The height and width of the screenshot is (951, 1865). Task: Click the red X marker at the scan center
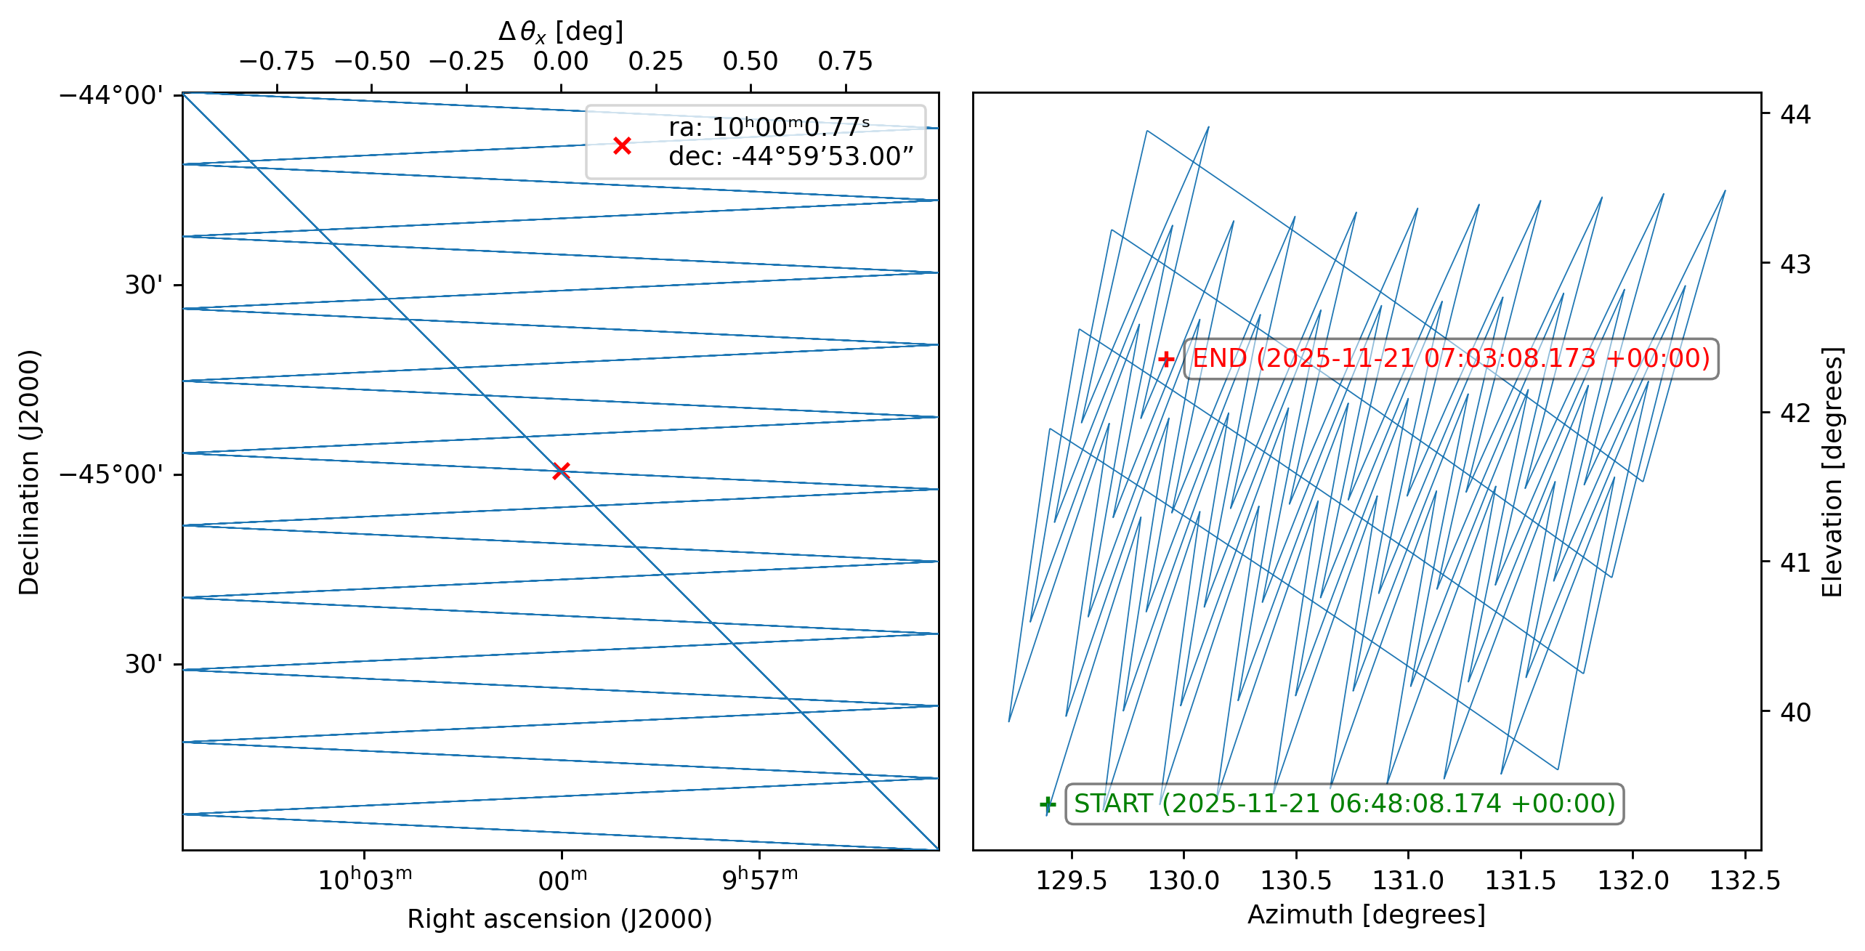pos(560,471)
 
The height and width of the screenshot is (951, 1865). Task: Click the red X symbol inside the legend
pos(622,145)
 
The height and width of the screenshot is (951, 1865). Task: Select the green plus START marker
pos(1047,804)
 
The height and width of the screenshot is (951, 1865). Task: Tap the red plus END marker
pos(1166,359)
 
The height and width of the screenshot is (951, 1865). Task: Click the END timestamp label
pos(1451,359)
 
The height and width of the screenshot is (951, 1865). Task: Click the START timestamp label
pos(1344,804)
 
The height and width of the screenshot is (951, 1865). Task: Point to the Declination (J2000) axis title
pos(29,472)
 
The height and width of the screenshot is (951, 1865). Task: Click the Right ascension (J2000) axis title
pos(559,919)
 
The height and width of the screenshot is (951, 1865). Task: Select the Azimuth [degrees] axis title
pos(1367,915)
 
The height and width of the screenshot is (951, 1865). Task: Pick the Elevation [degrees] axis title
pos(1832,472)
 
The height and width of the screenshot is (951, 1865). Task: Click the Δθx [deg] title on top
pos(560,32)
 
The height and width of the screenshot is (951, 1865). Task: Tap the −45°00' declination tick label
pos(111,474)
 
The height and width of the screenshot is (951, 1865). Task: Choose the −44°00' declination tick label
pos(111,95)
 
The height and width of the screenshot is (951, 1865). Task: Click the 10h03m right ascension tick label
pos(365,879)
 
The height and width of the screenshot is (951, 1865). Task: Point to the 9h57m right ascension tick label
pos(760,879)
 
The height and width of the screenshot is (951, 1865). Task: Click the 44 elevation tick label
pos(1795,114)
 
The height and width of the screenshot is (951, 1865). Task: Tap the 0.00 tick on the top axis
pos(561,62)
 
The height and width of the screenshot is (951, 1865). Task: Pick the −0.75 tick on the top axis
pos(277,62)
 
